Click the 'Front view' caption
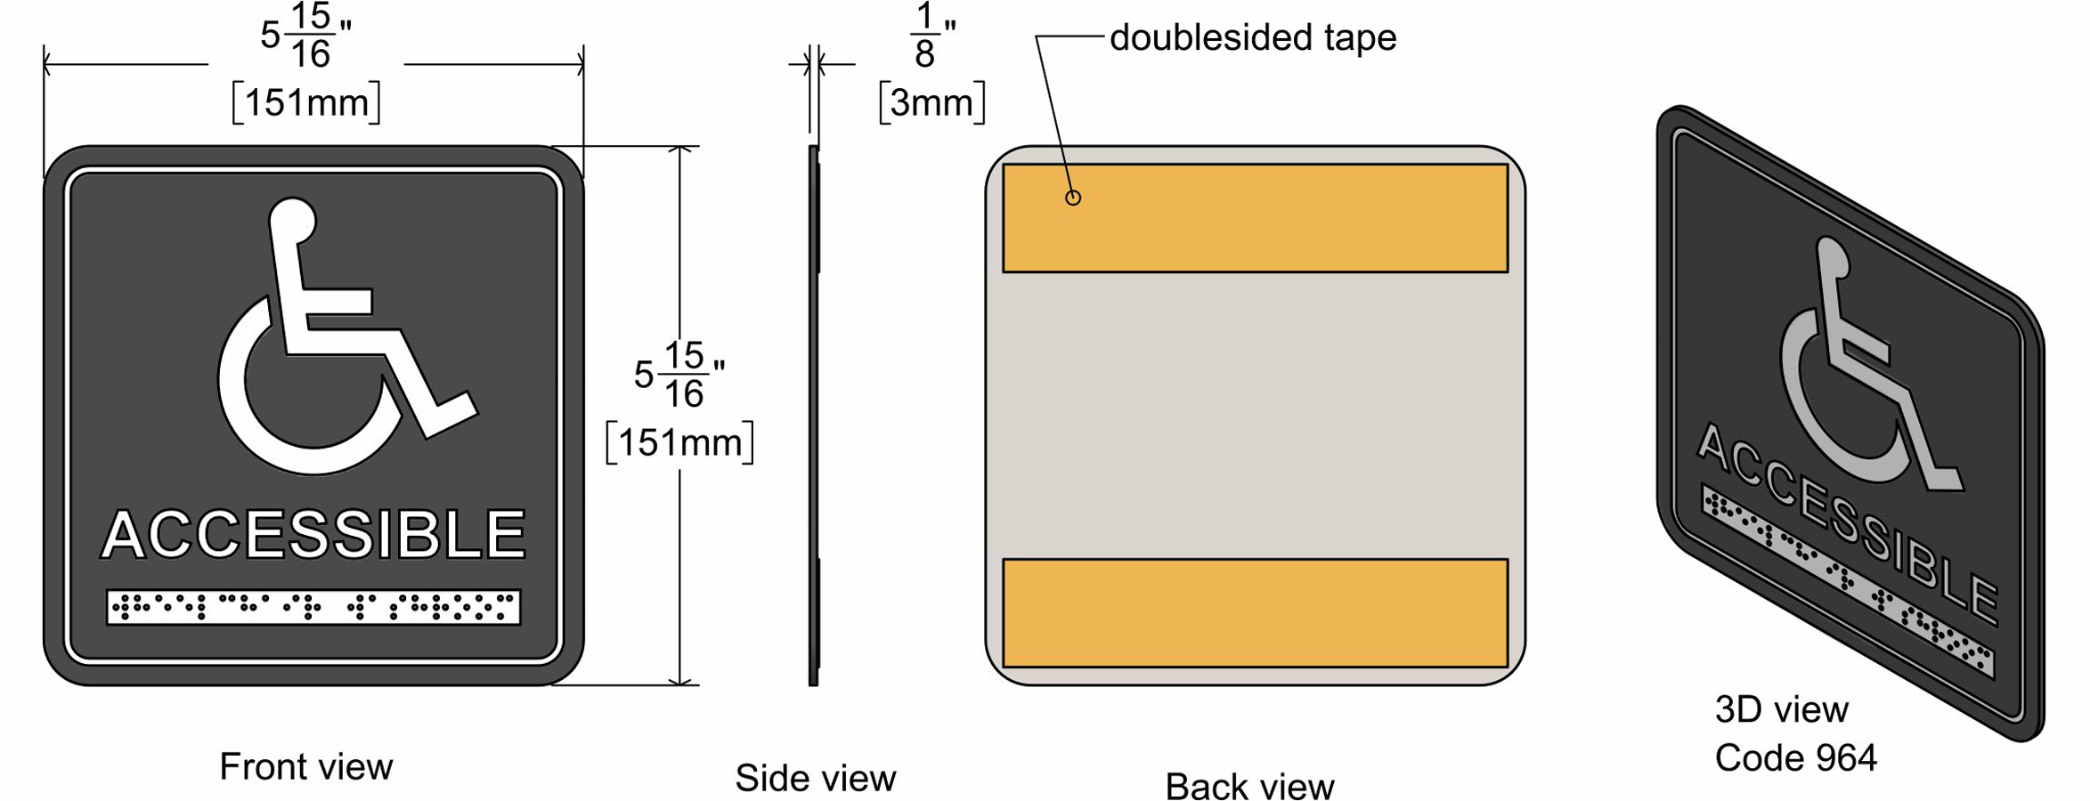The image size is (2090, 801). click(305, 766)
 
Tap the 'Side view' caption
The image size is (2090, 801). click(815, 778)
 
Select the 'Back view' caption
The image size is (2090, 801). click(1249, 786)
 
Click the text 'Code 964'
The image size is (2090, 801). click(1795, 758)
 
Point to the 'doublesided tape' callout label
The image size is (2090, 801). click(1253, 37)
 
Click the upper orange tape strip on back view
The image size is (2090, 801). click(1255, 218)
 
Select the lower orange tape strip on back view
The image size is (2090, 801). click(1255, 613)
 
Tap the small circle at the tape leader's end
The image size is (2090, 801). click(1073, 198)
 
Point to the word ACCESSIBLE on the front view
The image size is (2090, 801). click(313, 534)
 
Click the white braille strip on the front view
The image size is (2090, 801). click(313, 607)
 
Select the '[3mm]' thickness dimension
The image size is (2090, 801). click(931, 103)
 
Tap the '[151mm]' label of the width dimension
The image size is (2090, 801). click(306, 103)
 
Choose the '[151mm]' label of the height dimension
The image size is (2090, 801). click(679, 442)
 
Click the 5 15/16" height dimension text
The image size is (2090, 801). click(679, 375)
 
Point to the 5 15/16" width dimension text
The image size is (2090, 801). click(306, 36)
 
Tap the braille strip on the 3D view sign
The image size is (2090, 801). click(1847, 578)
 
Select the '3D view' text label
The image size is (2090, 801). click(1781, 709)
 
